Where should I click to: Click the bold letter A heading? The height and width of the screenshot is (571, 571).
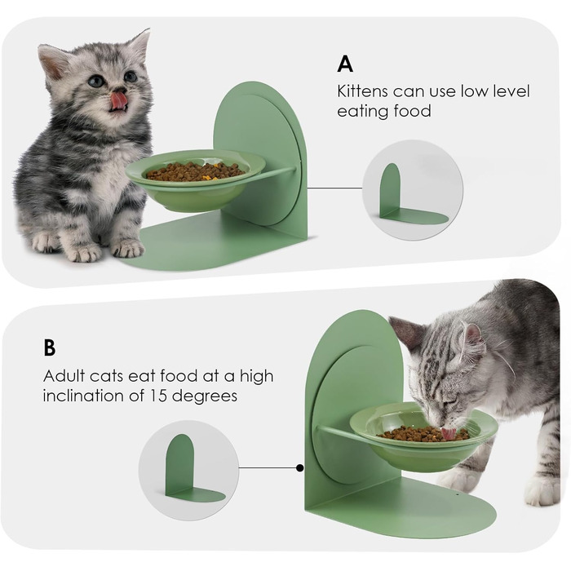tap(345, 64)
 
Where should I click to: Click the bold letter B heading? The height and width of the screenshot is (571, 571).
tap(50, 347)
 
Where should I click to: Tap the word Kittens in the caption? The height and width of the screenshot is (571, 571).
tap(362, 91)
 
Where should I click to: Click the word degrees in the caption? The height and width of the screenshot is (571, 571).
tap(205, 396)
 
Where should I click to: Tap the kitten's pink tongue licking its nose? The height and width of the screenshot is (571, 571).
tap(118, 99)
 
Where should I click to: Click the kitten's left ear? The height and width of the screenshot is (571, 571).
tap(51, 58)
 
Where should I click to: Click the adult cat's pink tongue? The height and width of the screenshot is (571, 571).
tap(449, 433)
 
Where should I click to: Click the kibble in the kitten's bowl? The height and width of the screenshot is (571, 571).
tap(195, 171)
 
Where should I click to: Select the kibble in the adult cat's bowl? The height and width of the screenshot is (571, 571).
tap(423, 434)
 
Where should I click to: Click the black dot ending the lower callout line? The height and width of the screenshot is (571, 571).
tap(299, 468)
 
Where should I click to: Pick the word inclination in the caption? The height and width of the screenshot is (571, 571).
tap(83, 395)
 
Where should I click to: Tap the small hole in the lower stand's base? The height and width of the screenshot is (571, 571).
tap(458, 495)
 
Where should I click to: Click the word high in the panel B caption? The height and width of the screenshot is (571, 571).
tap(256, 377)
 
